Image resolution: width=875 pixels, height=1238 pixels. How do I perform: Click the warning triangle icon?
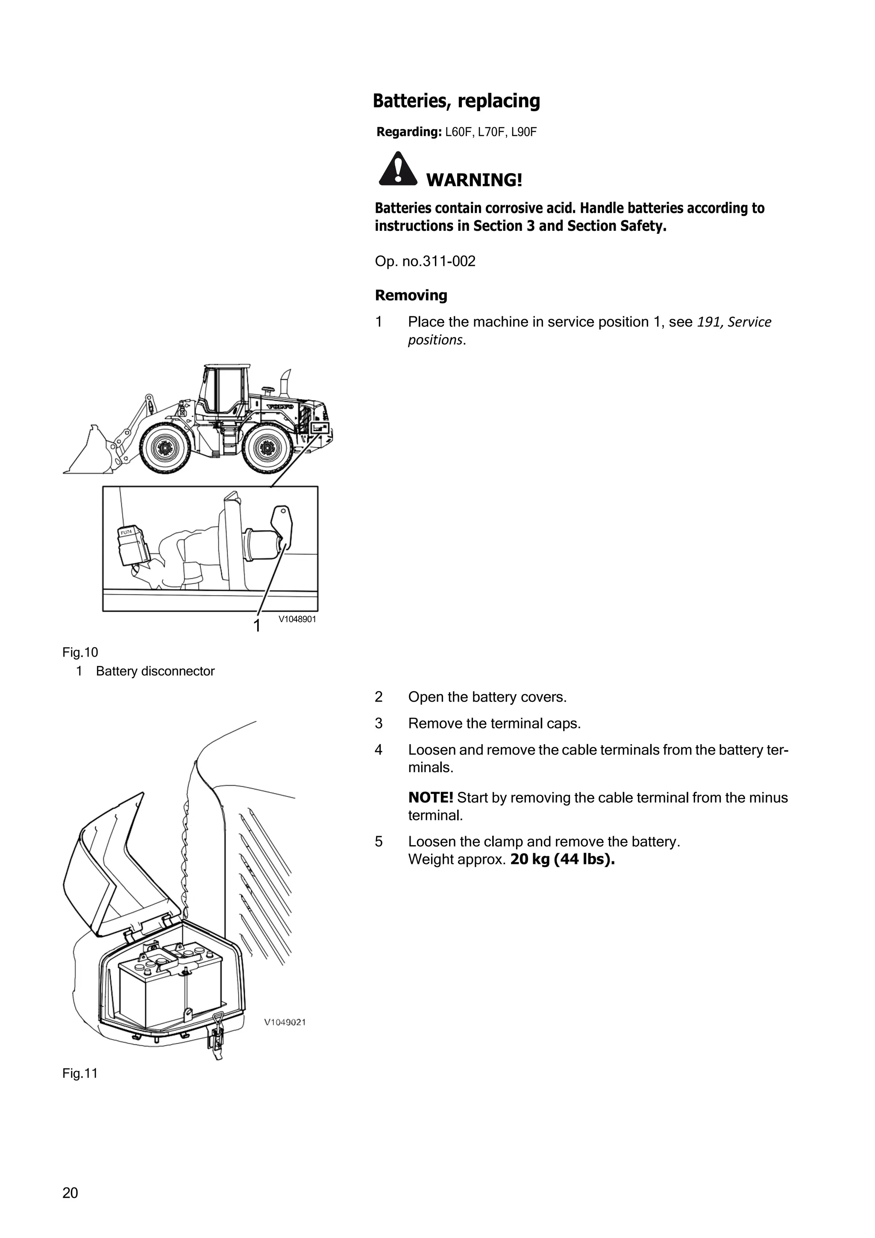[x=398, y=169]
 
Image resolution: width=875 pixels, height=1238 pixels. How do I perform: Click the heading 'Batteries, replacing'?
[x=456, y=101]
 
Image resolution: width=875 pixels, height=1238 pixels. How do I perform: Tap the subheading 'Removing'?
[x=411, y=295]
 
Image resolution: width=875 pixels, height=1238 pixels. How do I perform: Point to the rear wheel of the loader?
[x=266, y=448]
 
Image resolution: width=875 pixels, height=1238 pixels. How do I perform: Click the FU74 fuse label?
[x=126, y=532]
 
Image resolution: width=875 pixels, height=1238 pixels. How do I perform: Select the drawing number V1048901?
[x=297, y=619]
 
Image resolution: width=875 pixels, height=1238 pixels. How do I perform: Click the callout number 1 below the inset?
[x=257, y=625]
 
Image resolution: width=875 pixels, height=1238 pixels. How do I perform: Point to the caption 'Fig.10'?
[x=80, y=652]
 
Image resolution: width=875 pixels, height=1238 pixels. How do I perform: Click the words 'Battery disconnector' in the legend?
[x=155, y=671]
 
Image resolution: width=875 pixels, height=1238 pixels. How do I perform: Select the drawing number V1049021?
[x=285, y=1022]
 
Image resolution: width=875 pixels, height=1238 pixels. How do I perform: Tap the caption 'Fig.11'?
[x=80, y=1073]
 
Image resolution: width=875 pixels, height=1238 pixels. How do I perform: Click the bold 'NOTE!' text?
[x=431, y=797]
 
